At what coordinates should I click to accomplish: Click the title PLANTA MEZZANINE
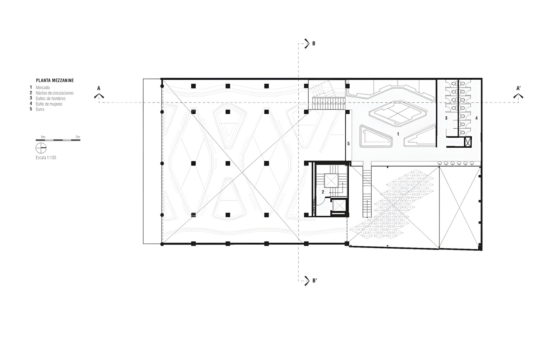pos(55,80)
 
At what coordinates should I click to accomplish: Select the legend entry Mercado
pos(43,87)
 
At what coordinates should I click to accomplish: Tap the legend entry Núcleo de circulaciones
pos(55,93)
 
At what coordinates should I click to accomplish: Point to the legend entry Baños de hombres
pos(50,99)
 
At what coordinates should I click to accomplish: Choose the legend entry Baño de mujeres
pos(49,104)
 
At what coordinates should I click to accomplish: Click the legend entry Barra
pos(40,109)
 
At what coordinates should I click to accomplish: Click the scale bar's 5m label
pos(78,137)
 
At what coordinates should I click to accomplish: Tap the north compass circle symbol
pos(41,148)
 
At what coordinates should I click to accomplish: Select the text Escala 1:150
pos(46,158)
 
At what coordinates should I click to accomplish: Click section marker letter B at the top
pos(314,44)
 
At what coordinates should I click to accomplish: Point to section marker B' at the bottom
pos(315,281)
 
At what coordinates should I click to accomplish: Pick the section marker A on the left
pos(99,88)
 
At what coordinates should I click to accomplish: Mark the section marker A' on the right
pos(518,88)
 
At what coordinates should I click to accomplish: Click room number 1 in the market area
pos(398,134)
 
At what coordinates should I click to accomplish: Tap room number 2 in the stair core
pos(323,192)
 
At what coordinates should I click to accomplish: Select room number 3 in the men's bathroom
pos(446,118)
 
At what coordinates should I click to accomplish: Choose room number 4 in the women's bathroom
pos(477,118)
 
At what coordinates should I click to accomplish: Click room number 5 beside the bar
pos(349,143)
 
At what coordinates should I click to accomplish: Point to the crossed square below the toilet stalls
pos(468,142)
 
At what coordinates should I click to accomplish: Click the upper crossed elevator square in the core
pos(331,181)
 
